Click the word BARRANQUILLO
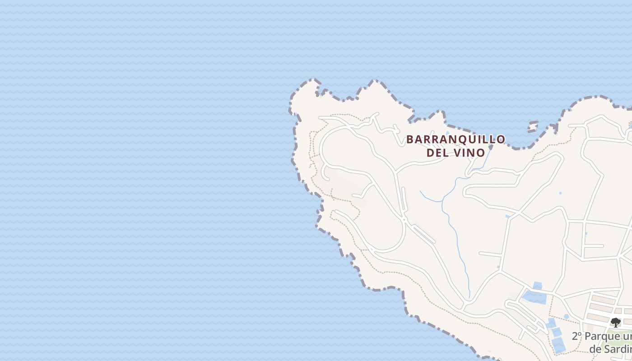(455, 139)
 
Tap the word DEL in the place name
(437, 153)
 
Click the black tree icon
(615, 322)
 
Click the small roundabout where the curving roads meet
(404, 219)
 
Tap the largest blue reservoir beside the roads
(534, 297)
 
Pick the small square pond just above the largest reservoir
(537, 285)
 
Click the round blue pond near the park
(566, 316)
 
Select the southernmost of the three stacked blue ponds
(558, 345)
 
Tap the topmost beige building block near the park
(604, 300)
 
